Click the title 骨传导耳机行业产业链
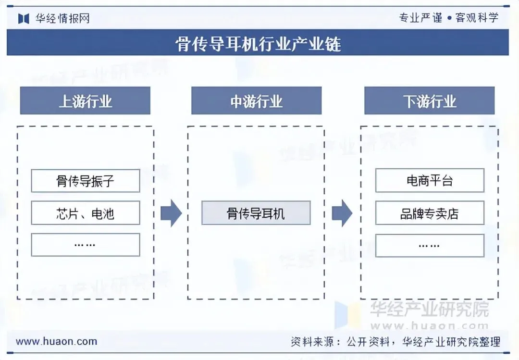[258, 44]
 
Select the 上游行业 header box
[85, 101]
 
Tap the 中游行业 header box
[256, 101]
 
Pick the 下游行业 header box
[429, 101]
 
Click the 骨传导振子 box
[86, 181]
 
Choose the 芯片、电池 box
[86, 213]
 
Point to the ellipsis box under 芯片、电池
[86, 245]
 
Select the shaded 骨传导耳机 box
[256, 213]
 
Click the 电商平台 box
[430, 181]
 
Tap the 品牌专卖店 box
[430, 213]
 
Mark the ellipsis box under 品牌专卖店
[430, 245]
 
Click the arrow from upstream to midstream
[171, 213]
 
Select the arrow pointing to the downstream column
[342, 213]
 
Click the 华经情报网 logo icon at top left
[24, 18]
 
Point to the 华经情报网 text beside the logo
[62, 19]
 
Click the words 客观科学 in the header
[477, 18]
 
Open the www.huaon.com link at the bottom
[56, 342]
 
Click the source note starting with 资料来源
[395, 342]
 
